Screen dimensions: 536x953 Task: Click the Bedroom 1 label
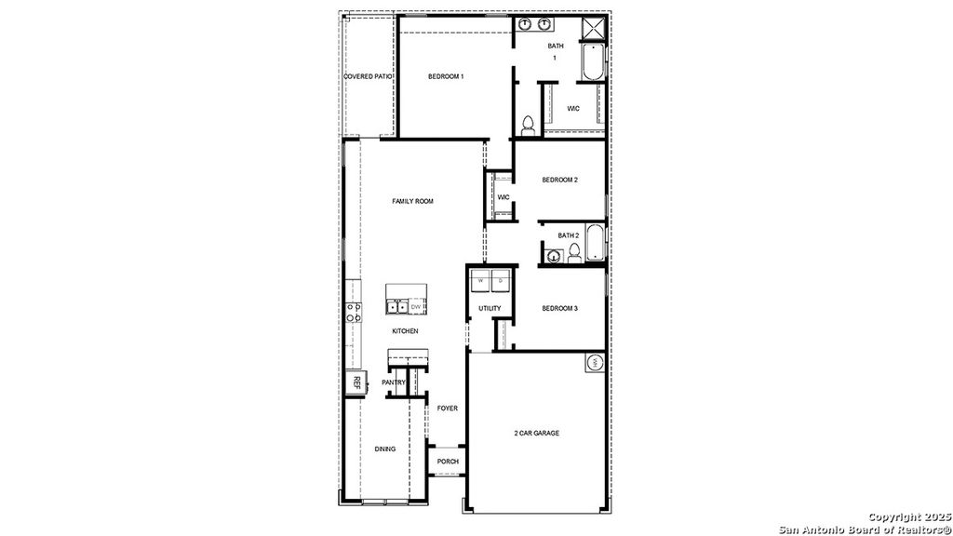[x=446, y=76]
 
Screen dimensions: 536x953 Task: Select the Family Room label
[x=412, y=201]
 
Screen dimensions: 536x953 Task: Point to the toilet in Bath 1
[x=528, y=124]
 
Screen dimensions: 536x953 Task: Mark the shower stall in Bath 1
[x=593, y=29]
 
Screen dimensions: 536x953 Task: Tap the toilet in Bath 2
[x=574, y=252]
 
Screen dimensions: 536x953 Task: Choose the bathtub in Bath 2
[x=595, y=244]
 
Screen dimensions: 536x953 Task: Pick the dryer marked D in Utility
[x=501, y=280]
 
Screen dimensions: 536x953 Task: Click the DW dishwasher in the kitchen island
[x=416, y=306]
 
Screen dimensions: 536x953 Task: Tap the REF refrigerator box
[x=355, y=382]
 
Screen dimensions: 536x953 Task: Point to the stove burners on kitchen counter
[x=354, y=312]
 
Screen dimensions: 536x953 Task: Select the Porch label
[x=448, y=462]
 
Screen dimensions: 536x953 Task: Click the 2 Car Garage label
[x=536, y=433]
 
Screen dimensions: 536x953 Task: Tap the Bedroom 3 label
[x=560, y=308]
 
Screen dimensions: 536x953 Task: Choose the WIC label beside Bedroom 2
[x=503, y=197]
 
